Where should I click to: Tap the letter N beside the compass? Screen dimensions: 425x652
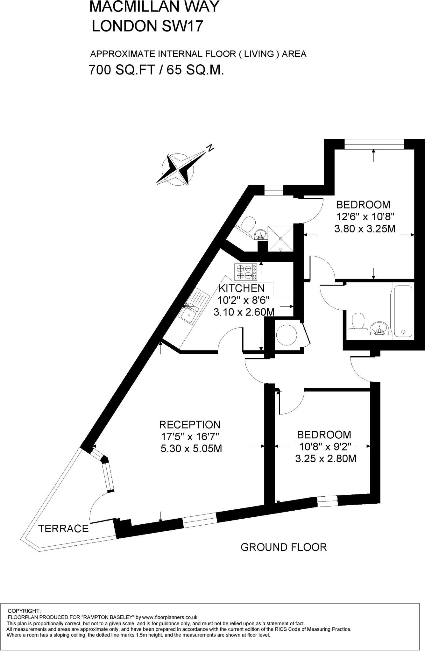(209, 148)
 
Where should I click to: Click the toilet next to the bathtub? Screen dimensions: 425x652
(358, 322)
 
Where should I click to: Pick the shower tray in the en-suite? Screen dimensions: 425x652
(280, 238)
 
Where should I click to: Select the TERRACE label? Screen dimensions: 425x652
(63, 529)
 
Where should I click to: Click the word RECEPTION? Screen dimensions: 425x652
(190, 424)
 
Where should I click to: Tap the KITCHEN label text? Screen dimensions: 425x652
(242, 288)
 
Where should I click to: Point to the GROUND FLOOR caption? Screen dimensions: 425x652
(284, 547)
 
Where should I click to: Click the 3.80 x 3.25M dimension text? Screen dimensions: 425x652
(365, 229)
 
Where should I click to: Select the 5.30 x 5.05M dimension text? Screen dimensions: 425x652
(191, 449)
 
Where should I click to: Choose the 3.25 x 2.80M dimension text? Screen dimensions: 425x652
(326, 459)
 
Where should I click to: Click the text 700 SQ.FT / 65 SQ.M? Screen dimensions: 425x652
(156, 69)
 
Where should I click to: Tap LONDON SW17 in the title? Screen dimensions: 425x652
(147, 26)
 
